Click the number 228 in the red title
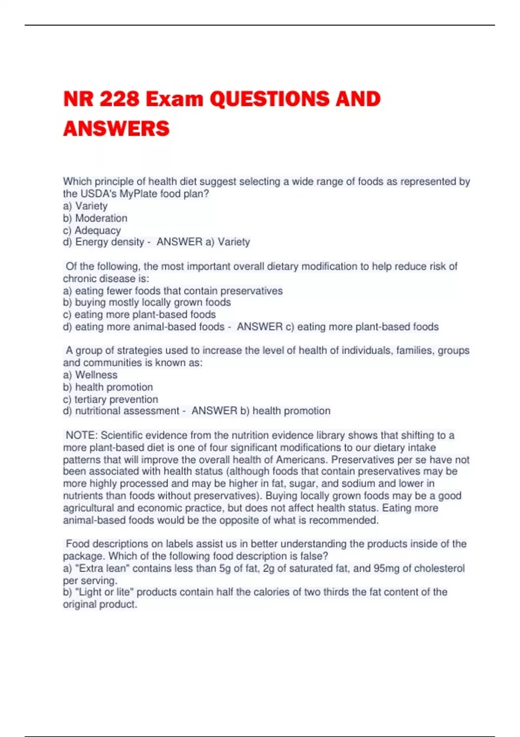click(118, 99)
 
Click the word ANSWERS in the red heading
click(116, 128)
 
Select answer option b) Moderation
click(95, 218)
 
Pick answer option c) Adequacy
click(92, 230)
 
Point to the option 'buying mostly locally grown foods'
click(153, 302)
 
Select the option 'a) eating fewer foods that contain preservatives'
click(172, 290)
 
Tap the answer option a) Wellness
click(90, 375)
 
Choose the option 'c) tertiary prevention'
click(110, 399)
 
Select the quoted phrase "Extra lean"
click(102, 568)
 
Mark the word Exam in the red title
click(175, 99)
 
